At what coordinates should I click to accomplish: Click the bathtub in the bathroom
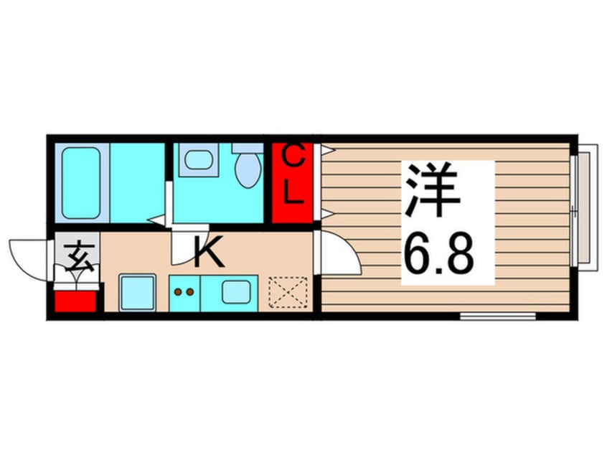(x=80, y=182)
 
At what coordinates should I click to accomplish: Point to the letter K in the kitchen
(x=208, y=254)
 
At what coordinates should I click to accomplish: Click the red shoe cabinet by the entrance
(x=76, y=299)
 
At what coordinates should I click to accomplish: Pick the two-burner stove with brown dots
(x=185, y=293)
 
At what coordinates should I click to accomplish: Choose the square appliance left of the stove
(x=138, y=292)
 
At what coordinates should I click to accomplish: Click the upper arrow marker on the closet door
(x=327, y=150)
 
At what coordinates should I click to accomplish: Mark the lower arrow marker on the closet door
(x=327, y=213)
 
